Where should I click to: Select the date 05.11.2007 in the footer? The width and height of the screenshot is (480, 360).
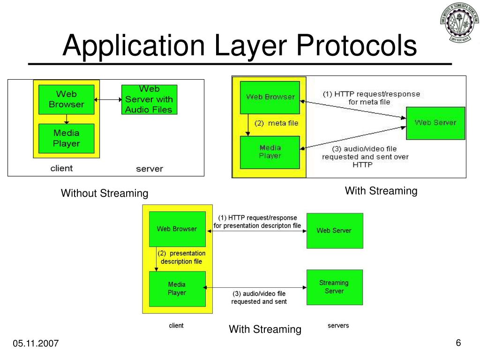point(36,344)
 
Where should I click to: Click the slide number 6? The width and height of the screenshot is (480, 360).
point(458,343)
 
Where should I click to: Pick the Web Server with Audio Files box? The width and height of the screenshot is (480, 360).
point(149,99)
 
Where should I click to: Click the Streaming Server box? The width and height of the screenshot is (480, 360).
point(334,287)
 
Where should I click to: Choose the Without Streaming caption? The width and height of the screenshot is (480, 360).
point(105,193)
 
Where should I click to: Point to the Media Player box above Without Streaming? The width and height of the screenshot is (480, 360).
point(66,138)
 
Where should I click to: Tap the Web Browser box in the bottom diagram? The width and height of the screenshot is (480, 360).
point(177,229)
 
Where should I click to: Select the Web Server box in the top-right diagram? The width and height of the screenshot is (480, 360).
point(435,123)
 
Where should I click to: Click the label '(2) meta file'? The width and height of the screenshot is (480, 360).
point(276,124)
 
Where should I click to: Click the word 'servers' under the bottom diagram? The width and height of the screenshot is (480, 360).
point(338,325)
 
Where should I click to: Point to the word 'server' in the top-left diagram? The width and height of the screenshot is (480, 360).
point(149,169)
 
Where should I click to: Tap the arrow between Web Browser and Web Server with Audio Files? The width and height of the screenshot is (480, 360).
point(107,99)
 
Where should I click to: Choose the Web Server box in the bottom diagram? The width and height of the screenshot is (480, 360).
point(334,231)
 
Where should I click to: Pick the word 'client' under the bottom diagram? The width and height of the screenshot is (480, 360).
point(176,325)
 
